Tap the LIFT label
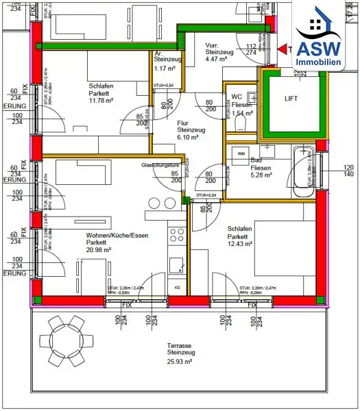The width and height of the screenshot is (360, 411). point(291,99)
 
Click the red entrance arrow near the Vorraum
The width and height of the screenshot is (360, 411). point(284,49)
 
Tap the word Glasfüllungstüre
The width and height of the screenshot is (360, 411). point(160,165)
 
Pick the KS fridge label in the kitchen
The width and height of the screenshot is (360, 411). point(178,286)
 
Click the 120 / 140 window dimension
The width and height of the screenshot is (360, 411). point(348,171)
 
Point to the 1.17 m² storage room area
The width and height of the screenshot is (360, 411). point(165,68)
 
